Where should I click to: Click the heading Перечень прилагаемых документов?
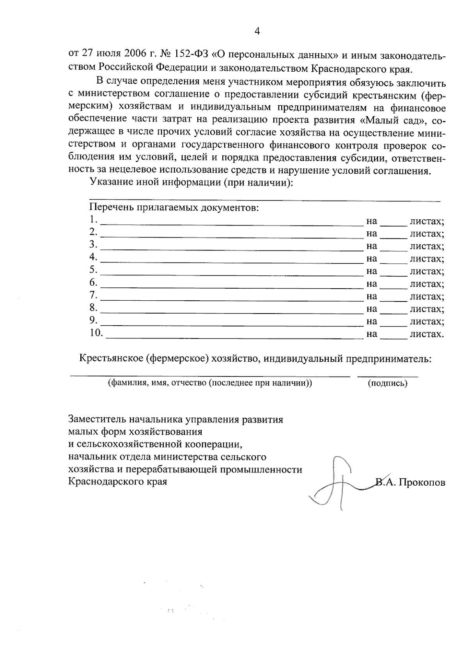174,207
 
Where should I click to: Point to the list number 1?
92,220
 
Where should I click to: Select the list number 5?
93,270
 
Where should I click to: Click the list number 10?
96,333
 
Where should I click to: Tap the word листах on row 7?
426,296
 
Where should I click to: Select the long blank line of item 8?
232,312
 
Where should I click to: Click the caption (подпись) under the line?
387,383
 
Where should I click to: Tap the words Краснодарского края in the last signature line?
117,481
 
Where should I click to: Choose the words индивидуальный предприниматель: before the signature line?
348,358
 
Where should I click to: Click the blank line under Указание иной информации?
265,200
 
